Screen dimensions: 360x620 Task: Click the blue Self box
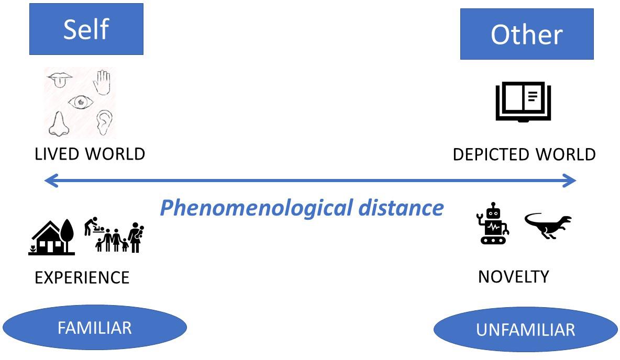[x=86, y=29]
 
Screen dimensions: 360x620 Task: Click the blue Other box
[x=526, y=34]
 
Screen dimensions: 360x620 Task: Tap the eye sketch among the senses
[x=81, y=103]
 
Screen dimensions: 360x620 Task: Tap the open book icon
[x=523, y=101]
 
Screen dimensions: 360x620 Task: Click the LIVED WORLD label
[x=90, y=154]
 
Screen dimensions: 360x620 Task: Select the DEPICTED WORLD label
[x=524, y=155]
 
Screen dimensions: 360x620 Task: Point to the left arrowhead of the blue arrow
[x=50, y=181]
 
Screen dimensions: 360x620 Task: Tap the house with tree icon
[x=51, y=238]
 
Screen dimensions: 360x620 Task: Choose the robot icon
[x=492, y=225]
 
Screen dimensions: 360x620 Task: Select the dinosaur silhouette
[x=548, y=225]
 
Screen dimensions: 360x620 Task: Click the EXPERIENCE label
[x=82, y=277]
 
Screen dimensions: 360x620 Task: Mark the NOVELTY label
[x=513, y=276]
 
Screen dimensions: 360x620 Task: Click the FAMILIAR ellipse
[x=95, y=328]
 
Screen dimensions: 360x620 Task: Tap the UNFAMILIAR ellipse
[x=526, y=330]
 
